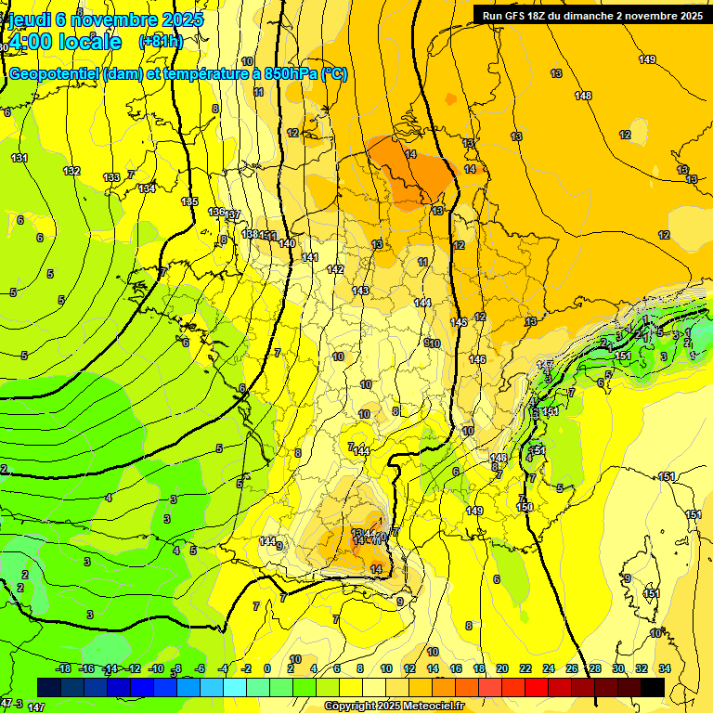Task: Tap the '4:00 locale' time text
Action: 65,43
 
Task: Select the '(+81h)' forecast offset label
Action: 161,43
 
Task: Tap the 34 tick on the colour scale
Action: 664,668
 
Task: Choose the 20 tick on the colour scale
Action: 501,668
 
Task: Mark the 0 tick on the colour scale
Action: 267,668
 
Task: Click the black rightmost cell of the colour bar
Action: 653,687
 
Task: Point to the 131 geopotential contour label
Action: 19,158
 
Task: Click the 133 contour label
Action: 111,177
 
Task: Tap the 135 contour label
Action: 189,201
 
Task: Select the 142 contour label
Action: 335,269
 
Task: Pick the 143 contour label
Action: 360,291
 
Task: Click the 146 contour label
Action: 478,359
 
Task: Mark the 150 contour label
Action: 525,507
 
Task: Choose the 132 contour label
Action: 71,171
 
